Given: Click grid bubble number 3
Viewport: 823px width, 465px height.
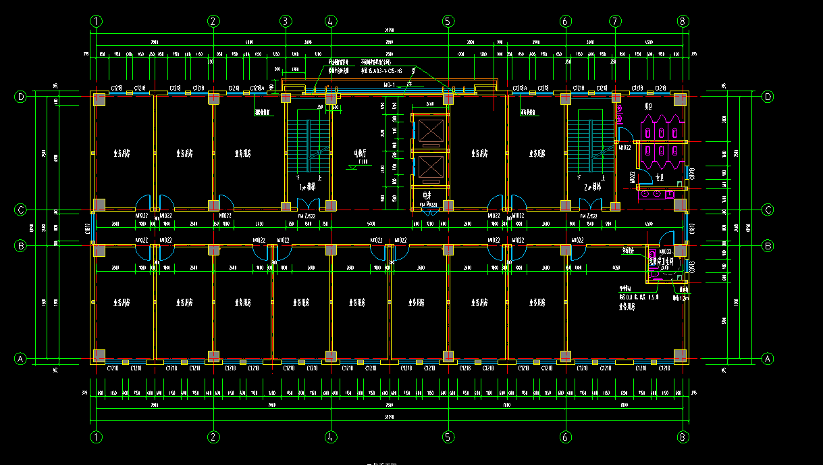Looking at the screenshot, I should click(x=286, y=21).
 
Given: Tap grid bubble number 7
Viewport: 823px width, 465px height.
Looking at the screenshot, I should click(x=615, y=21).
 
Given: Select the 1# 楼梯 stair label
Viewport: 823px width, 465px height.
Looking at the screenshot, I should click(x=308, y=186).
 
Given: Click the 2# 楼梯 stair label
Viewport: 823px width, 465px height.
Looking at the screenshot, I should click(x=594, y=186).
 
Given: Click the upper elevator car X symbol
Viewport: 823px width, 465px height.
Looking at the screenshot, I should click(x=431, y=130).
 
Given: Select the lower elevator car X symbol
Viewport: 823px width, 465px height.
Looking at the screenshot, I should click(x=431, y=167).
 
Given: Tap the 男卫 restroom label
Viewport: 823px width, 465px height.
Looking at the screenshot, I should click(x=648, y=107).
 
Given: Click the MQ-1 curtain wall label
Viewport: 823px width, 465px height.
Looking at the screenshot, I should click(x=389, y=85).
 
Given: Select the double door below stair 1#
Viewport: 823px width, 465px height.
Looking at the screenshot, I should click(x=308, y=203).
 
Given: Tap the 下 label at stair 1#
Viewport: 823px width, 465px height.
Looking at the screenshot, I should click(x=298, y=177).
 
